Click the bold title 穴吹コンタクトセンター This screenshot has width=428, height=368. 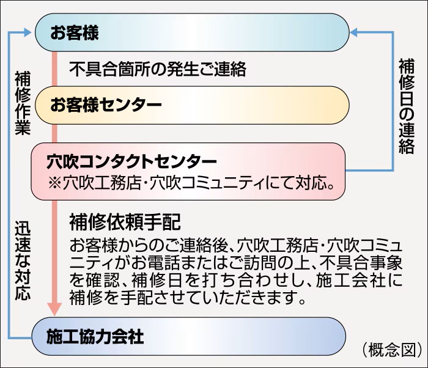132,162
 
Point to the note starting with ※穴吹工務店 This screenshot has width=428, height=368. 192,183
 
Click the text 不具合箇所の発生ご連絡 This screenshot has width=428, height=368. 158,69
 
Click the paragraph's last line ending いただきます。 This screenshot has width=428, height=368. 187,299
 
